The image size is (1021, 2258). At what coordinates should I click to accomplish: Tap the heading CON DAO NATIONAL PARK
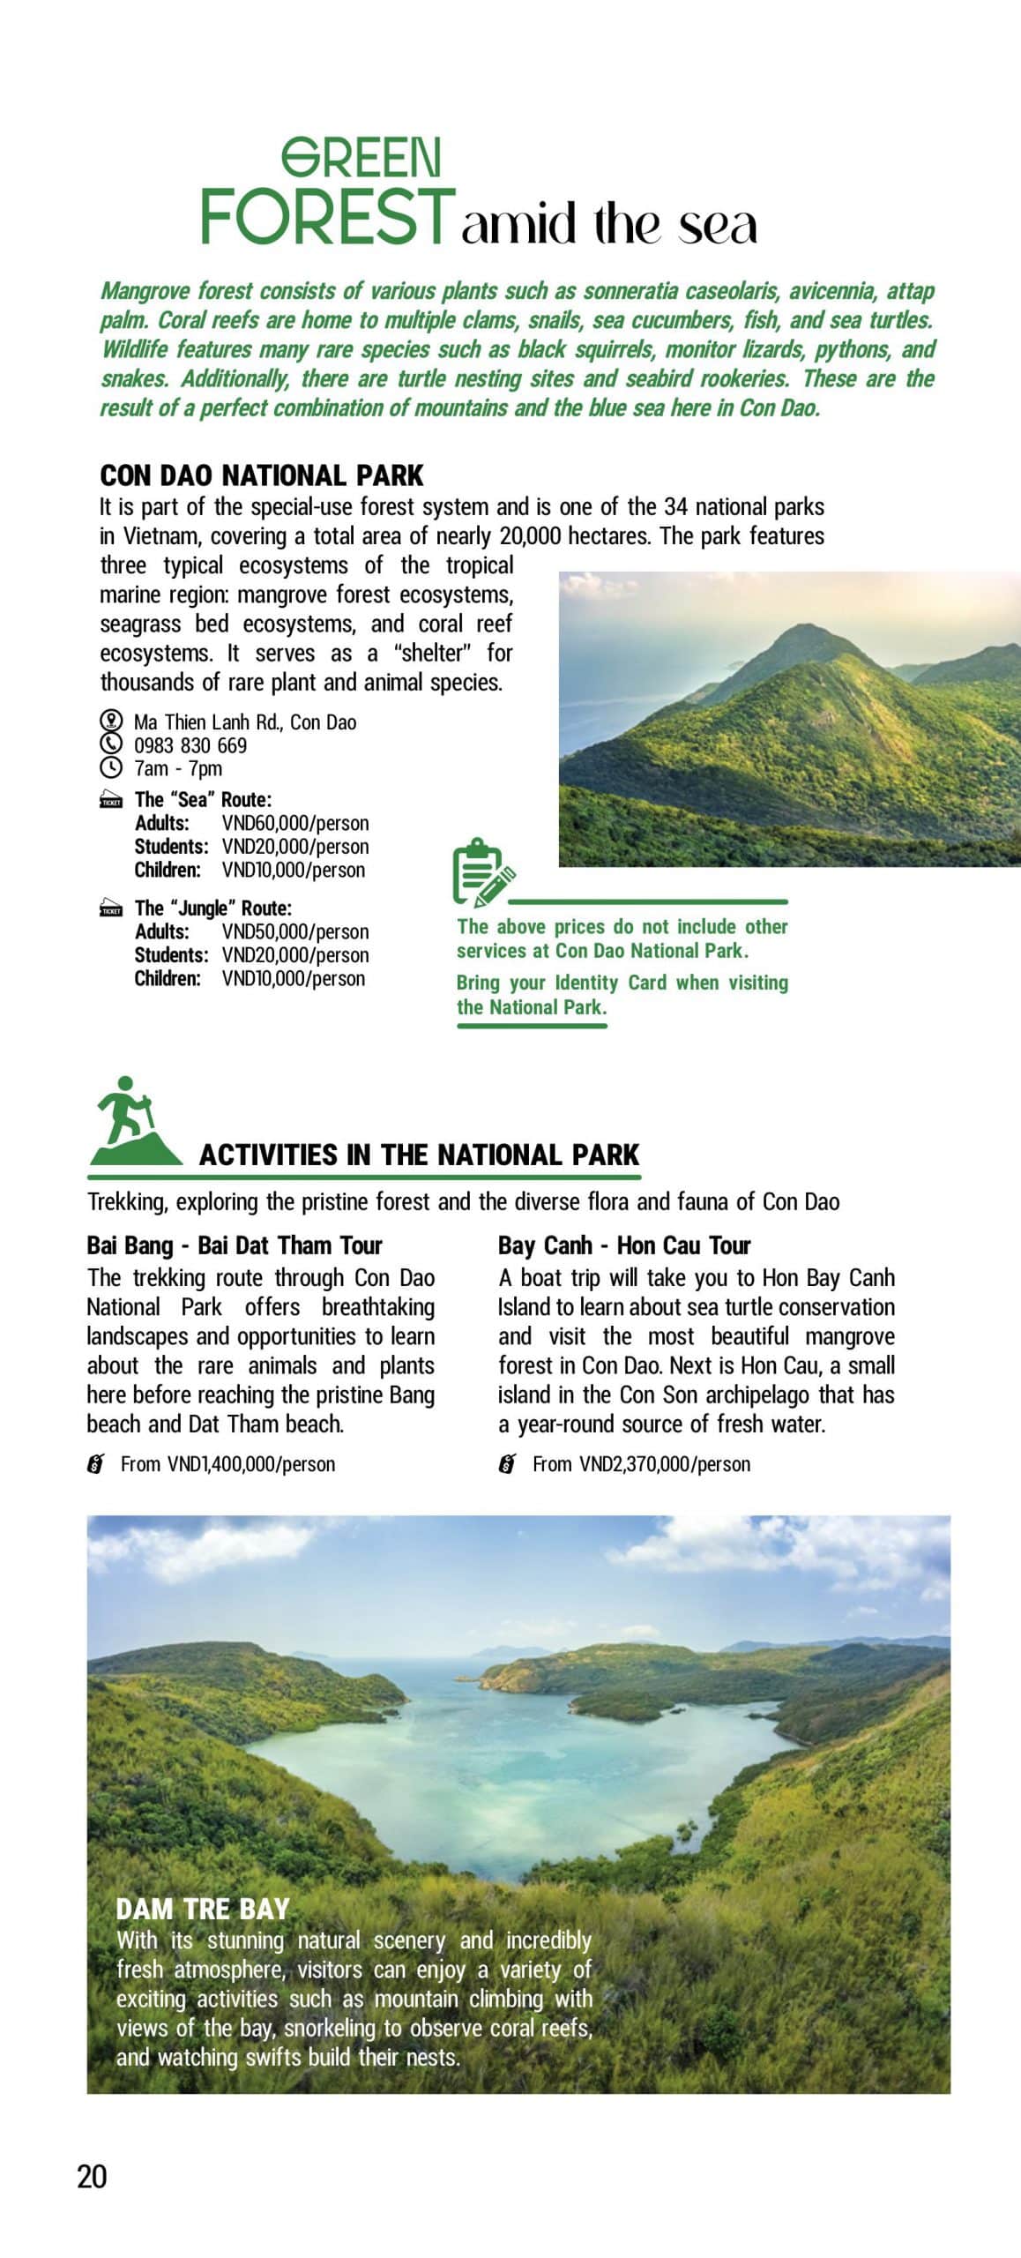tap(262, 475)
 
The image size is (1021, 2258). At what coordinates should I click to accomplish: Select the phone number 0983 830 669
tap(190, 745)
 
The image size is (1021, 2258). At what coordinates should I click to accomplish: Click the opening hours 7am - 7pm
tap(178, 768)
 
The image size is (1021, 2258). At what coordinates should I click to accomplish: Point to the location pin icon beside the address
tap(110, 721)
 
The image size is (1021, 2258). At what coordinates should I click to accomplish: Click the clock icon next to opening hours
tap(110, 767)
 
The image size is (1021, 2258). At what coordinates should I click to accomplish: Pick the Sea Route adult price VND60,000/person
tap(295, 823)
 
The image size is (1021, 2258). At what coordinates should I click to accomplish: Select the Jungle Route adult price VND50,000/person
tap(295, 931)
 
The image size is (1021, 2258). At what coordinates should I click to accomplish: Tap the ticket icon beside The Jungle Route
tap(111, 909)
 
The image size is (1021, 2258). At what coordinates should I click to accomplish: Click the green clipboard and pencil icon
tap(481, 873)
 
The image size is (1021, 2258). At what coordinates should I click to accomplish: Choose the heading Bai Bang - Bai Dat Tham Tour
tap(235, 1245)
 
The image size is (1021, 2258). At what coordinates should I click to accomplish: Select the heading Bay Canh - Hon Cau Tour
tap(624, 1245)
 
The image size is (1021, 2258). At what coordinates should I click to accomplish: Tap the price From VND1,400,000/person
tap(227, 1464)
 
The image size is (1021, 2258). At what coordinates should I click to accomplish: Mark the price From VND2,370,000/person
tap(641, 1464)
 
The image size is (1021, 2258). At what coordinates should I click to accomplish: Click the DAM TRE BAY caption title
tap(203, 1910)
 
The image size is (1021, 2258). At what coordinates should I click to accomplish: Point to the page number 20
tap(92, 2177)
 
